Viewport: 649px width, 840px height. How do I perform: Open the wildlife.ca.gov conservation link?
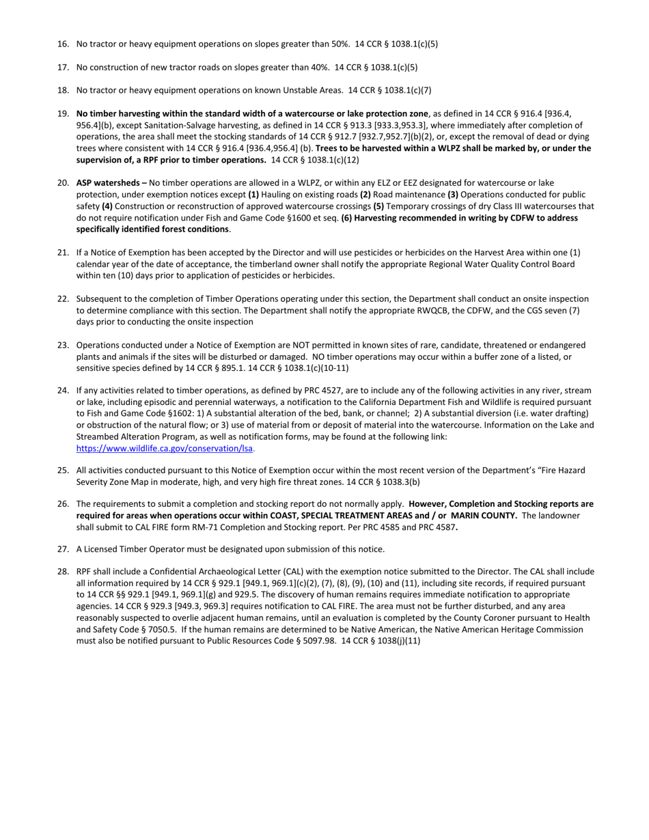click(165, 449)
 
